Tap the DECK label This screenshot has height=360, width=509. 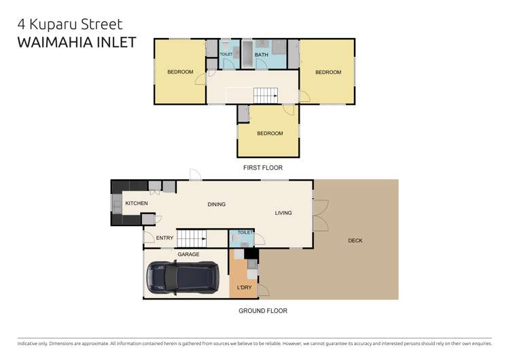tap(355, 240)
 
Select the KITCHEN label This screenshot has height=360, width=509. tap(136, 203)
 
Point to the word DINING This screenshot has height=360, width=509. tap(216, 204)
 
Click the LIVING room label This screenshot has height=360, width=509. tap(283, 213)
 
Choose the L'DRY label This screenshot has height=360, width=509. tap(244, 288)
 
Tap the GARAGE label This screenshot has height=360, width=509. tap(188, 254)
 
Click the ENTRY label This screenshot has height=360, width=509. tap(164, 238)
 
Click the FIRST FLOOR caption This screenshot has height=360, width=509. tap(262, 167)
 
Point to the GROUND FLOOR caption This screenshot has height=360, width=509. tap(262, 310)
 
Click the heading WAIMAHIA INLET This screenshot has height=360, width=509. tap(75, 42)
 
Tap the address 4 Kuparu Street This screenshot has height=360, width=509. tap(70, 24)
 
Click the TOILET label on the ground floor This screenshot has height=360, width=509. tap(245, 233)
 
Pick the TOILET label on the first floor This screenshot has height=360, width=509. tap(226, 54)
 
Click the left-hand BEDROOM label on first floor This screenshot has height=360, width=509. tap(180, 72)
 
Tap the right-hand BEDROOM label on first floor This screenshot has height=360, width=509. tap(328, 72)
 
